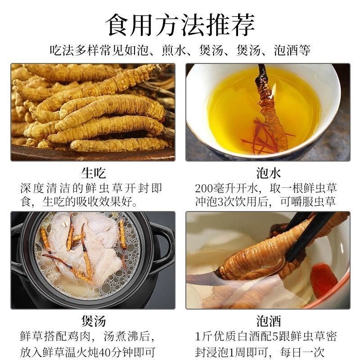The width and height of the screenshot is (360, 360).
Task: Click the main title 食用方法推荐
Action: tap(180, 25)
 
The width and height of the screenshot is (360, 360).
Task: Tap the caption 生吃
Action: tap(94, 173)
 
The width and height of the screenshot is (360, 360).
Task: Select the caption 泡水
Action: tap(268, 173)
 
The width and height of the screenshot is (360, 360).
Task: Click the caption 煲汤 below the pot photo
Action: tap(94, 321)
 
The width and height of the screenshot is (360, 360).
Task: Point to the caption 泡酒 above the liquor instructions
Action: tap(268, 321)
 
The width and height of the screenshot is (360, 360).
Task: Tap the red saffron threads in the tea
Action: tap(264, 137)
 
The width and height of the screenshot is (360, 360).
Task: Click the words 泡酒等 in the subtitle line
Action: tap(292, 50)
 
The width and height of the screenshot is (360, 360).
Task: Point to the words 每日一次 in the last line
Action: tap(302, 352)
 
